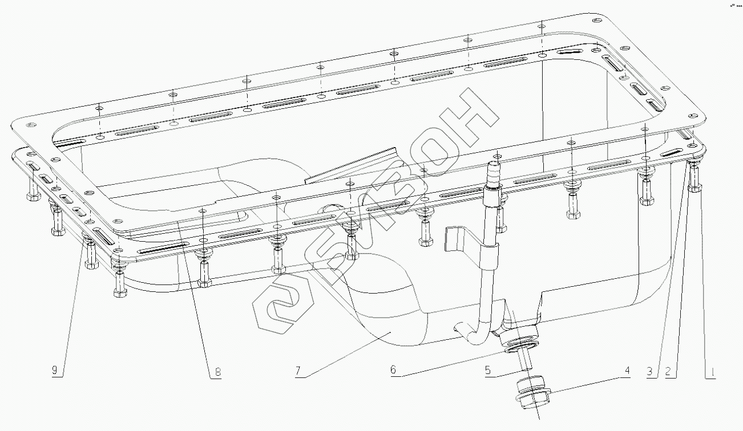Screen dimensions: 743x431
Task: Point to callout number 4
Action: [627, 371]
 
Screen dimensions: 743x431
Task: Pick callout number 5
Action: [487, 371]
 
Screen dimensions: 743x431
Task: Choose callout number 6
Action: [393, 371]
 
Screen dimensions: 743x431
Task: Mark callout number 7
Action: [298, 372]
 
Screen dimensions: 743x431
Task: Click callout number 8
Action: [217, 373]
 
